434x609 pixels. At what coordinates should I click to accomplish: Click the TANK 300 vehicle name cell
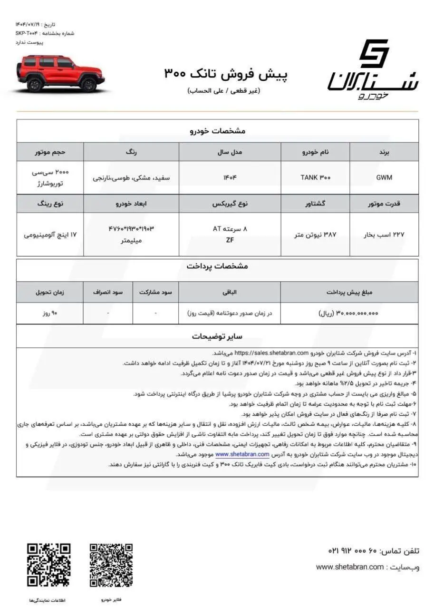tap(315, 178)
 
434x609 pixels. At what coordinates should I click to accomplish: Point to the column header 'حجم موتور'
tap(50, 152)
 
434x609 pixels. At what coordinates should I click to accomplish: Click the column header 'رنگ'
tap(131, 152)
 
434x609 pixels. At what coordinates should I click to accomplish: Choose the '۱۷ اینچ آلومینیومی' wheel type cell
tap(50, 235)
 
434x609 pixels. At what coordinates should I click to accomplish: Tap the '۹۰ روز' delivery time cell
tap(50, 314)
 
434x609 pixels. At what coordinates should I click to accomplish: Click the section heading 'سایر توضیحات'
tap(217, 336)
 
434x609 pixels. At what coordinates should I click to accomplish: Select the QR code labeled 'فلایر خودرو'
tap(112, 565)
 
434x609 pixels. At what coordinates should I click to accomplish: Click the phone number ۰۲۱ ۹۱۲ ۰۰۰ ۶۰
tap(358, 550)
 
